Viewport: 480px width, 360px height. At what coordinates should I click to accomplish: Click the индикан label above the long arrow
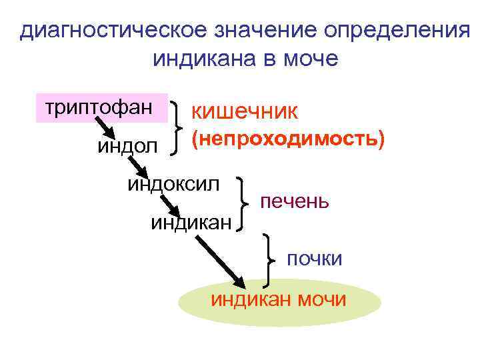click(191, 222)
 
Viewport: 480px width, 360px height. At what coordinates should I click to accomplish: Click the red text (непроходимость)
click(288, 140)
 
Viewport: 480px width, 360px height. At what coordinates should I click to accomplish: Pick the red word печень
click(294, 201)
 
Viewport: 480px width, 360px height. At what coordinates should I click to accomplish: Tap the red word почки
click(314, 258)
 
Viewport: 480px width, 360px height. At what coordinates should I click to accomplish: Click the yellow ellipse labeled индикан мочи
click(280, 301)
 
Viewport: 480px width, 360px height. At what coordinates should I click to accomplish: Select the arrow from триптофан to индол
click(104, 127)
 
